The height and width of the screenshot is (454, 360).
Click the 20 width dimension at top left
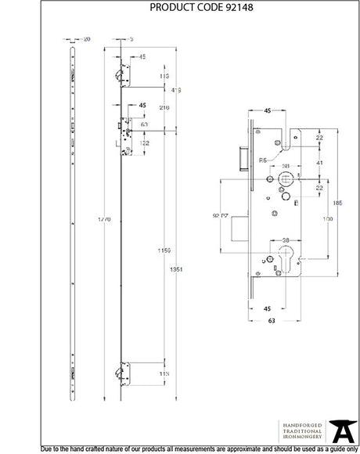tap(86, 38)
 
